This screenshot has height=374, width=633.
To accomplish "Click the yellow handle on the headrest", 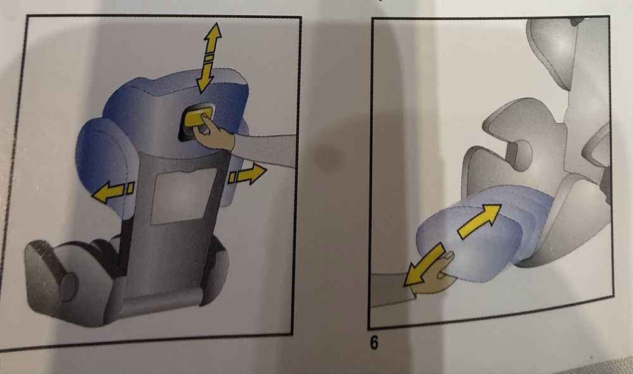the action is pos(197,118).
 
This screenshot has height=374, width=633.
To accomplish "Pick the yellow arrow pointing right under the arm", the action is pos(247,174).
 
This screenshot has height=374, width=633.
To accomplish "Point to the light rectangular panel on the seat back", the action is pos(184,196).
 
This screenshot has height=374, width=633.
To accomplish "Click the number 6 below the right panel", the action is pos(374,343).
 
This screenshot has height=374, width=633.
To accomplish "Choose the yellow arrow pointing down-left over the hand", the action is pos(423,265).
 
